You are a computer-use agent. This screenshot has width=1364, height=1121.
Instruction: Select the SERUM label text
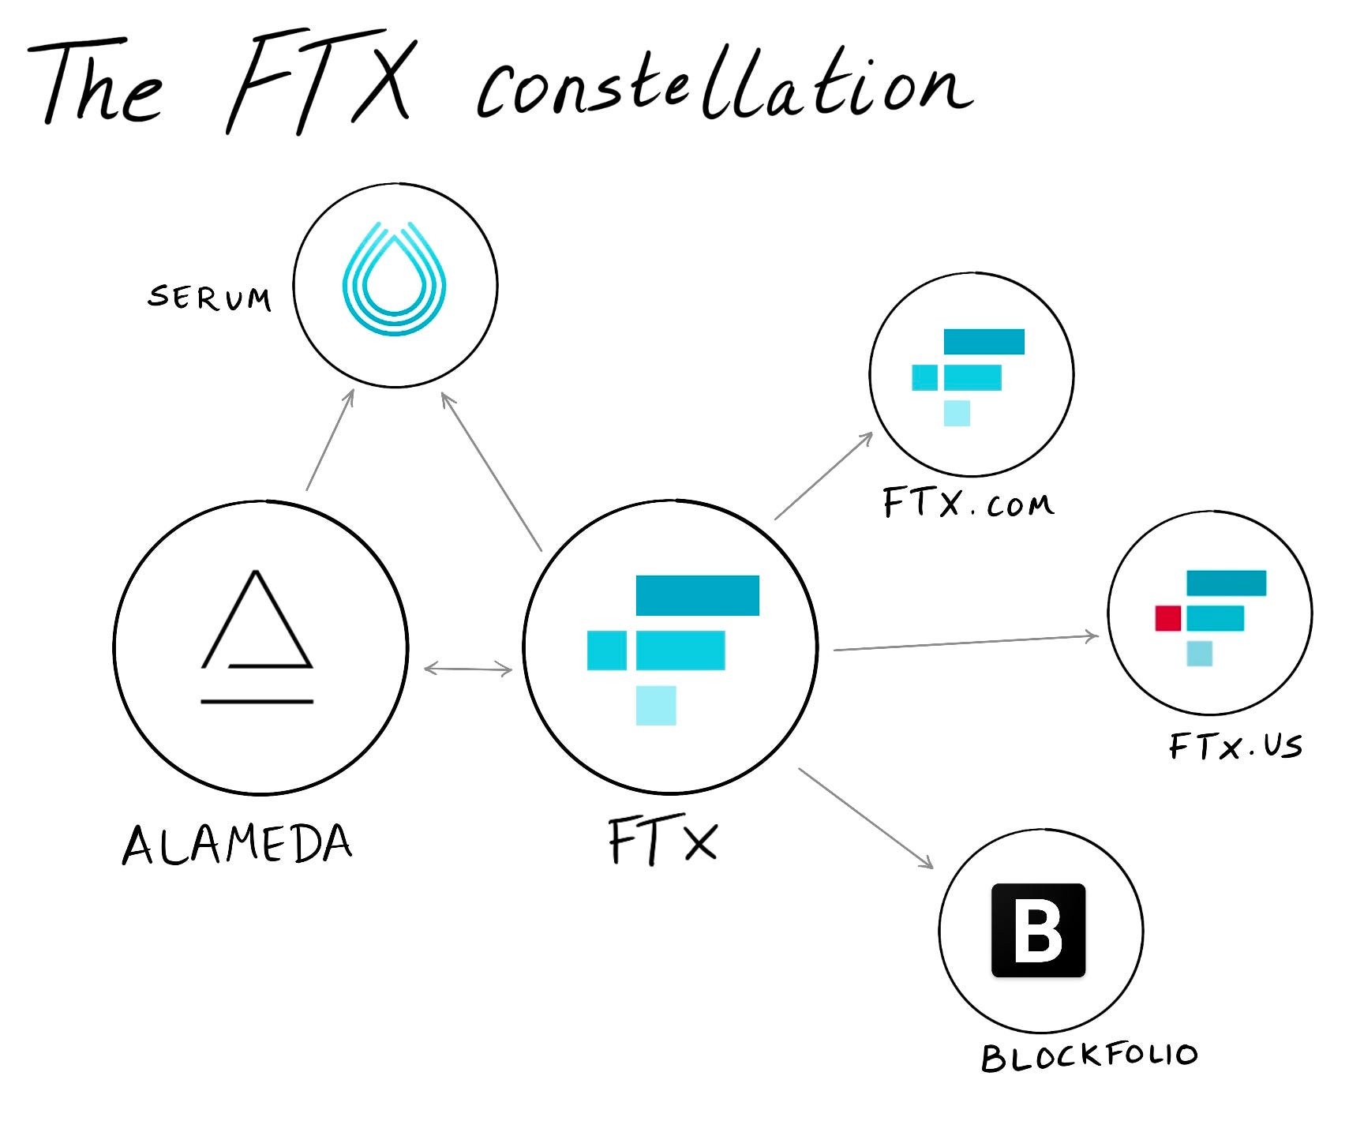pyautogui.click(x=210, y=298)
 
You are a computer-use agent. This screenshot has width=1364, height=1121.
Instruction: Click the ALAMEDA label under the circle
pyautogui.click(x=237, y=844)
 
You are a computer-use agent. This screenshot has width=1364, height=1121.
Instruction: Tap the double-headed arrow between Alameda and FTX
pyautogui.click(x=468, y=669)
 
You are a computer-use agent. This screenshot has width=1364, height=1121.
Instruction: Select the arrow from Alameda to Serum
pyautogui.click(x=330, y=440)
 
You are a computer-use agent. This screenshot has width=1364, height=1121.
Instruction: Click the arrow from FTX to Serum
pyautogui.click(x=491, y=471)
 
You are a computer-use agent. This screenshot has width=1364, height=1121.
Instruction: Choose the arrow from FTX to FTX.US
pyautogui.click(x=965, y=643)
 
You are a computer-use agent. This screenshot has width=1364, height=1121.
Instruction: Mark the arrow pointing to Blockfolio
pyautogui.click(x=866, y=818)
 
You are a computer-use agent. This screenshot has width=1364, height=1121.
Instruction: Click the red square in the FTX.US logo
pyautogui.click(x=1167, y=618)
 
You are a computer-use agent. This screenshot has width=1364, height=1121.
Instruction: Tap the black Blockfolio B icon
pyautogui.click(x=1038, y=930)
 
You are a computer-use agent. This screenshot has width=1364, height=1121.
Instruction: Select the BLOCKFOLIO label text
pyautogui.click(x=1089, y=1056)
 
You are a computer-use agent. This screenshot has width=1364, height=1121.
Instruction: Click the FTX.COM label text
pyautogui.click(x=968, y=503)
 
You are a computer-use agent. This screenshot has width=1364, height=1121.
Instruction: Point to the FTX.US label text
pyautogui.click(x=1235, y=746)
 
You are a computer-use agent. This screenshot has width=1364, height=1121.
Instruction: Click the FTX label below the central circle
pyautogui.click(x=663, y=842)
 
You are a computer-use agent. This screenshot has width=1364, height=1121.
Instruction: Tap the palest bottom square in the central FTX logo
pyautogui.click(x=656, y=705)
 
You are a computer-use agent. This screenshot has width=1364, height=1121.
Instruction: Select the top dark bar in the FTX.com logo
pyautogui.click(x=984, y=342)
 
